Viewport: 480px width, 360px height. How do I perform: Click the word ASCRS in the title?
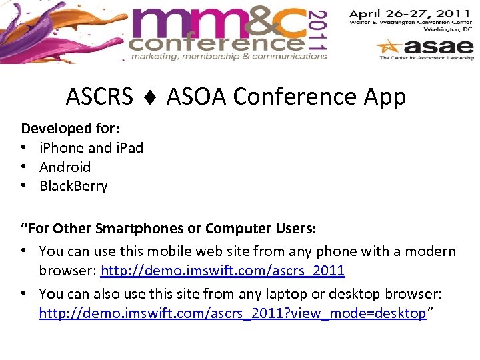(99, 97)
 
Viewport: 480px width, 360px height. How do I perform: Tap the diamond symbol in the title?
(150, 98)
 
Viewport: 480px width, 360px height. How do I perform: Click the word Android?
(65, 167)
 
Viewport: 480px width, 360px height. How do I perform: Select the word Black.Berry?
(73, 186)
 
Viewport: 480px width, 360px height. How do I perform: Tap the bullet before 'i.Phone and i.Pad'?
(24, 148)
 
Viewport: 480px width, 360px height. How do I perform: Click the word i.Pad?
(129, 147)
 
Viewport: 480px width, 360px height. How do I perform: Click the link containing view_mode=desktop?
(233, 313)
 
